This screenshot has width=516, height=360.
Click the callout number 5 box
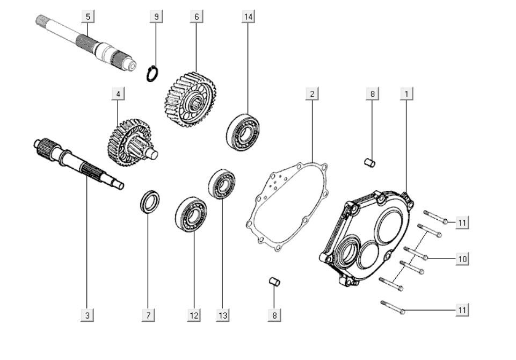(x=88, y=17)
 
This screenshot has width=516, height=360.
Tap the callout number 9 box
(x=156, y=17)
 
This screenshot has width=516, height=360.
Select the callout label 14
(x=248, y=17)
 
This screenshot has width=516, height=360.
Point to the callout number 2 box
(x=311, y=93)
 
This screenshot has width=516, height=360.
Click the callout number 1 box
(x=406, y=93)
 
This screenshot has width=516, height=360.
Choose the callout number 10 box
(x=462, y=259)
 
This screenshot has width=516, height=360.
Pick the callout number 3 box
(x=87, y=315)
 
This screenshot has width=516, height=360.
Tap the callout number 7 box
(x=148, y=315)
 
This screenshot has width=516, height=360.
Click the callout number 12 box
(x=194, y=315)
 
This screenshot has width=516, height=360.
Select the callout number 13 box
(x=223, y=315)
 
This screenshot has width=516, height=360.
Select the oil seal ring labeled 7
(x=149, y=201)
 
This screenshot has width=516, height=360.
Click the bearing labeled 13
(x=221, y=183)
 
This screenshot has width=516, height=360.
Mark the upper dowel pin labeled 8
(x=369, y=162)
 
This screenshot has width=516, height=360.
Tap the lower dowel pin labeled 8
(x=274, y=282)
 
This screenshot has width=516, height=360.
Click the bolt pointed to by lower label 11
(x=393, y=307)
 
